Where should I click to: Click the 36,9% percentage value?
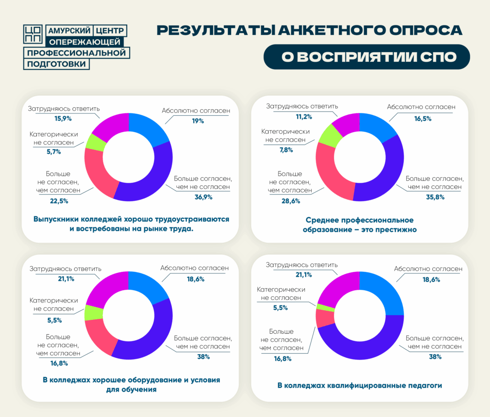point(203,197)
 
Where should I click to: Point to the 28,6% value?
point(291,201)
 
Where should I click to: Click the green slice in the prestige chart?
point(329,135)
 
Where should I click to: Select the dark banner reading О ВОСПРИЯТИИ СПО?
point(367,57)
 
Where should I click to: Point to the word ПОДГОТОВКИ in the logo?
point(56,64)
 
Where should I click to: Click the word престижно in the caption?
point(393,229)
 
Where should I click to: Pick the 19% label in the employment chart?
point(196,121)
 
